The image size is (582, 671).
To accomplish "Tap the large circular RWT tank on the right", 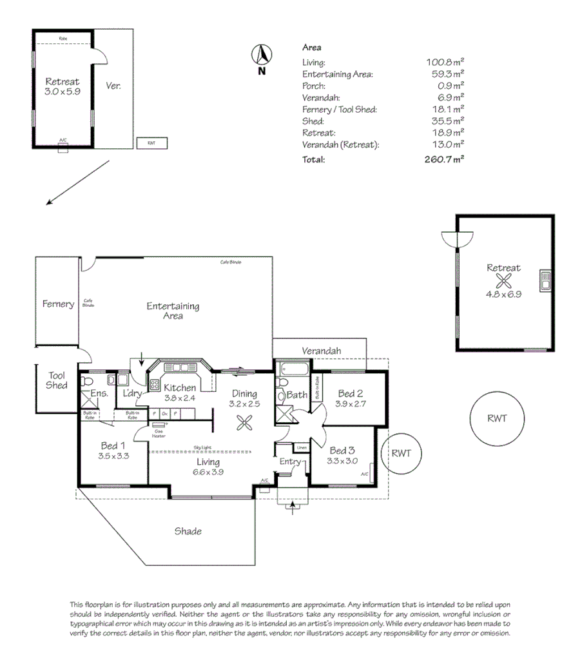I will (x=497, y=418).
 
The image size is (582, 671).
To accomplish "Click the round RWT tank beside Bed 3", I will (x=400, y=454).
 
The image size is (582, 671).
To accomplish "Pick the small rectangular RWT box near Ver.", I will (x=151, y=143).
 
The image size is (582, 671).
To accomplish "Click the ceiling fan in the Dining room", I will (x=244, y=423).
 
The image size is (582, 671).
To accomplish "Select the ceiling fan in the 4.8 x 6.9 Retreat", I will (x=503, y=281).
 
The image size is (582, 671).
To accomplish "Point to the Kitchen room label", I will (x=179, y=388).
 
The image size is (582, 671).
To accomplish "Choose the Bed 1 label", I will (x=112, y=445).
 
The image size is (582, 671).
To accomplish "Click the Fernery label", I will (x=58, y=304).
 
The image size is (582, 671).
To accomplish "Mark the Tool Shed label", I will (x=57, y=380).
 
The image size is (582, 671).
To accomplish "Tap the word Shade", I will (x=188, y=531).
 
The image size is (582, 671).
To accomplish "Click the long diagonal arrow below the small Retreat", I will (x=78, y=183).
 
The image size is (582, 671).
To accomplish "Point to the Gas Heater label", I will (x=159, y=433).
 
